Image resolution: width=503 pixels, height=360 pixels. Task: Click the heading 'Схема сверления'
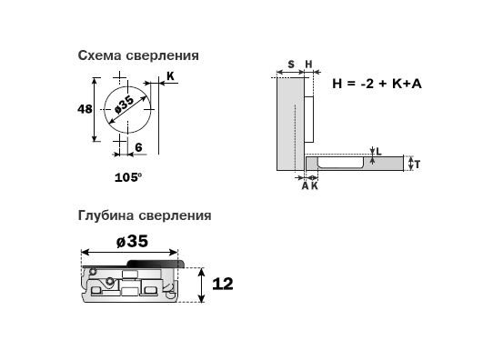point(138,55)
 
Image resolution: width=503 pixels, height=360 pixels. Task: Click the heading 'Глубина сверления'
point(145,215)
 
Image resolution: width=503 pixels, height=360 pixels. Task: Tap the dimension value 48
point(85,109)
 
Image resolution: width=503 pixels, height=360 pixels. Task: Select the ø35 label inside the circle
point(124,105)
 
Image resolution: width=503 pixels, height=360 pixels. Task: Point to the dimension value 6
point(138,147)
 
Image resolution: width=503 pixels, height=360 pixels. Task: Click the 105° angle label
point(128,177)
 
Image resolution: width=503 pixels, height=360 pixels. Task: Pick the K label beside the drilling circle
point(170,76)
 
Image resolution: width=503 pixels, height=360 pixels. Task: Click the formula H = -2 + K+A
point(377,84)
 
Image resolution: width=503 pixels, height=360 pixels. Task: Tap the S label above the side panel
point(291,65)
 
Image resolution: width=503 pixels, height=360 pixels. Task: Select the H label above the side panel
point(308,65)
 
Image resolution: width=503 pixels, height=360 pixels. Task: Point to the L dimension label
point(379,152)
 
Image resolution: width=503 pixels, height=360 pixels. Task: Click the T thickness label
point(417,165)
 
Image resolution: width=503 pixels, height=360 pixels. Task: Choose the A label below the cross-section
point(305,186)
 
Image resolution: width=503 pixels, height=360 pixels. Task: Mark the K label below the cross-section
point(315,186)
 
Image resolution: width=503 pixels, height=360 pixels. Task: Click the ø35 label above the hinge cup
point(132,242)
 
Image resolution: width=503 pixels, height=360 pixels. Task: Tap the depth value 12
point(223,284)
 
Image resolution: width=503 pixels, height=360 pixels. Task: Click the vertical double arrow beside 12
point(201,285)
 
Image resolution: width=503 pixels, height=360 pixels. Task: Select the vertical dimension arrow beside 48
point(95,109)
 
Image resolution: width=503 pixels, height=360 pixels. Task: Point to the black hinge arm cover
point(156,264)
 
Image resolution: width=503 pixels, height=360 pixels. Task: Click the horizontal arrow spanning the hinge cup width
point(129,253)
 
